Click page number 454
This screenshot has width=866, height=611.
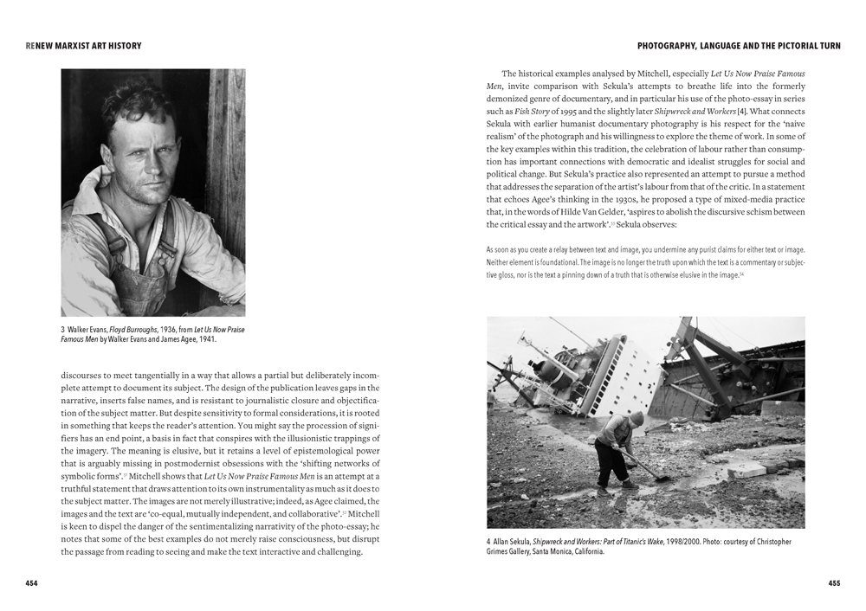tap(31, 583)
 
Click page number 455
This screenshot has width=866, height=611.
tap(834, 583)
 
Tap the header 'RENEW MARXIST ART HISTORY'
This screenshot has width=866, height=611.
tap(84, 45)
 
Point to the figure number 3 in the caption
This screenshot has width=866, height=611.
tap(63, 330)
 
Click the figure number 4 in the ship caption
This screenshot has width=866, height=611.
tap(489, 542)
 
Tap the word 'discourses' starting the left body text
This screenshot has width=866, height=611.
tap(82, 376)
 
